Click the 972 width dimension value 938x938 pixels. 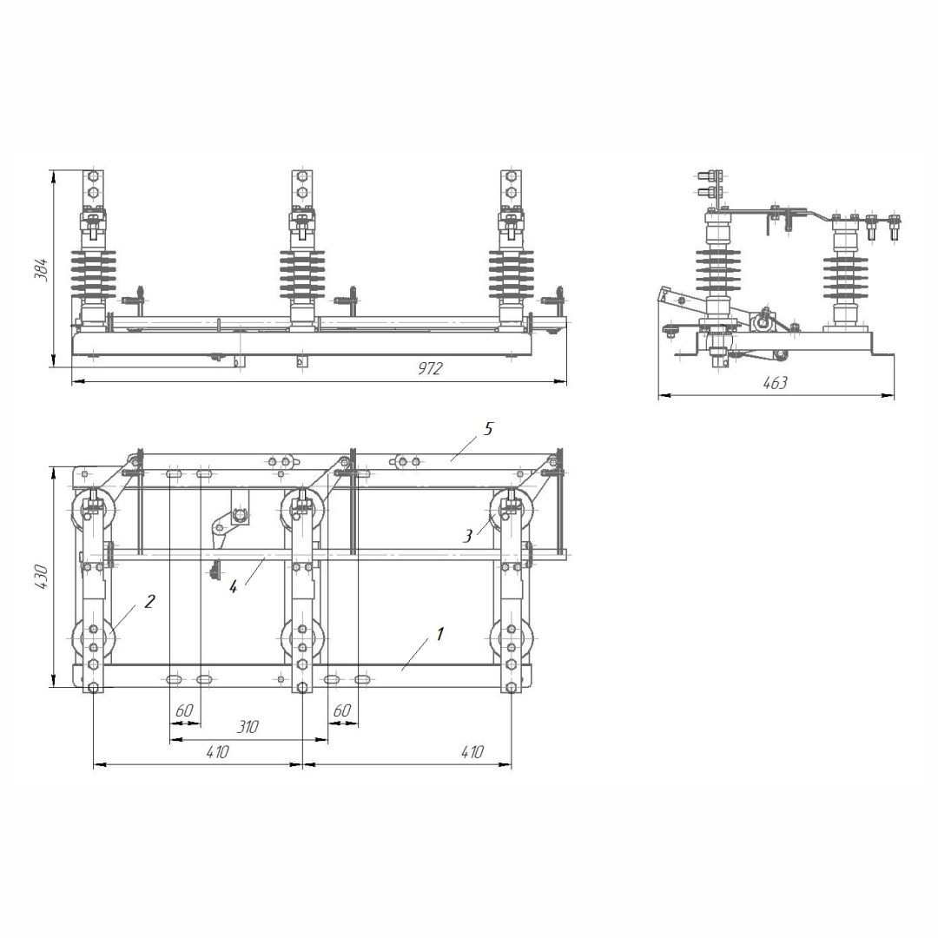(x=430, y=368)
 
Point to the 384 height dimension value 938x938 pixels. (x=42, y=270)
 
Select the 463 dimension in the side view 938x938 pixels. (x=776, y=383)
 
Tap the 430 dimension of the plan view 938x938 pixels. (x=42, y=577)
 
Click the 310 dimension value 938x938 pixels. (x=248, y=727)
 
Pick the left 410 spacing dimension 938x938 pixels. (x=218, y=752)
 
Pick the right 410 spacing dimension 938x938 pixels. (x=472, y=752)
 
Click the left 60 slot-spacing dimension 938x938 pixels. (x=184, y=710)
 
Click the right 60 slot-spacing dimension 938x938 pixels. (x=341, y=710)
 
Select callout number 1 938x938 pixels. (x=440, y=633)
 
